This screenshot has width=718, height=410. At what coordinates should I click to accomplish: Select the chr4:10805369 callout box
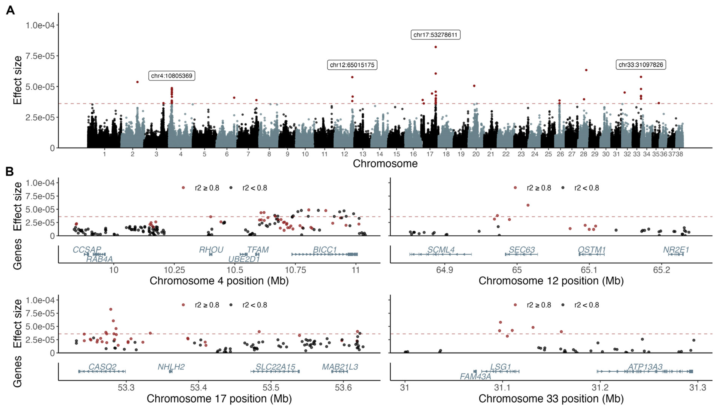[171, 76]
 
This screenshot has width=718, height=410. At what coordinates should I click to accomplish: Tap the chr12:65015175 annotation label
[352, 65]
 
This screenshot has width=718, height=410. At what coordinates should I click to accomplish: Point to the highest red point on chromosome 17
[436, 47]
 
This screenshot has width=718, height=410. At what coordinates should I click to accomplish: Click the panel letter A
[10, 10]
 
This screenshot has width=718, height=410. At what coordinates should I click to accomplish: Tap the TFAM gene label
[258, 249]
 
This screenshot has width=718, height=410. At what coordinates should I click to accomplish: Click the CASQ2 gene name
[102, 367]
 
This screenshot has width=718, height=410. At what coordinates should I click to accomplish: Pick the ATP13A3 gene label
[645, 367]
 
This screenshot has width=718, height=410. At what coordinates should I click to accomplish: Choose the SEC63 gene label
[522, 249]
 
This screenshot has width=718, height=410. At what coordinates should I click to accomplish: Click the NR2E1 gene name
[676, 249]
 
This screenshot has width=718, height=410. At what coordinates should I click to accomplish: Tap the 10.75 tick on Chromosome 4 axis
[295, 270]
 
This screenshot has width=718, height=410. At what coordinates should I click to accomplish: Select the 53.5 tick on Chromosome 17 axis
[271, 388]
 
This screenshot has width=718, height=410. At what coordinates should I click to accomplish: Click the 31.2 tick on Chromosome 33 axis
[600, 388]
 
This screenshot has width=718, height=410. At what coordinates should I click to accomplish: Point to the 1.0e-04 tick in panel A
[40, 25]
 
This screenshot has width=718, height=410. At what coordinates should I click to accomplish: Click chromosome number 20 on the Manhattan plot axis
[476, 154]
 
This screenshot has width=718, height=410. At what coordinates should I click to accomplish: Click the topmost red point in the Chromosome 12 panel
[528, 205]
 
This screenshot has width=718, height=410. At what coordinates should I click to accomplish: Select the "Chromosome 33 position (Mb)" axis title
[551, 398]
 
